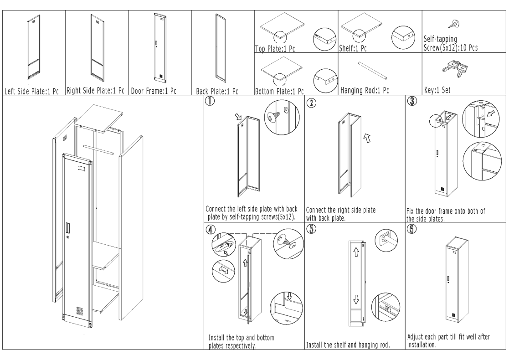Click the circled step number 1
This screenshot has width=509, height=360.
[210, 101]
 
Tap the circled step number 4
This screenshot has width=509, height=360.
[211, 229]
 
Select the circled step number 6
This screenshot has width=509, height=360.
[411, 228]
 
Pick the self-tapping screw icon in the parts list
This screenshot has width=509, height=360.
[454, 24]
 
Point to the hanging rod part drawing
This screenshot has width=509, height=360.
[373, 71]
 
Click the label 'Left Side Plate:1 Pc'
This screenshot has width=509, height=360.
[31, 91]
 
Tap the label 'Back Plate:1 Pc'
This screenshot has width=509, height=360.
[217, 91]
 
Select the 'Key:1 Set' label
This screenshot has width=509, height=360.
[437, 90]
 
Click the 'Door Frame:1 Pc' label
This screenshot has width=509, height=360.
[154, 91]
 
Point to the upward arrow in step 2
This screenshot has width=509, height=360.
[367, 138]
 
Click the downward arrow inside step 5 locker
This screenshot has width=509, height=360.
[356, 299]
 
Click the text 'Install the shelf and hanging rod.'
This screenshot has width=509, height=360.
[348, 345]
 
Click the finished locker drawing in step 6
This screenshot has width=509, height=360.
[457, 279]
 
